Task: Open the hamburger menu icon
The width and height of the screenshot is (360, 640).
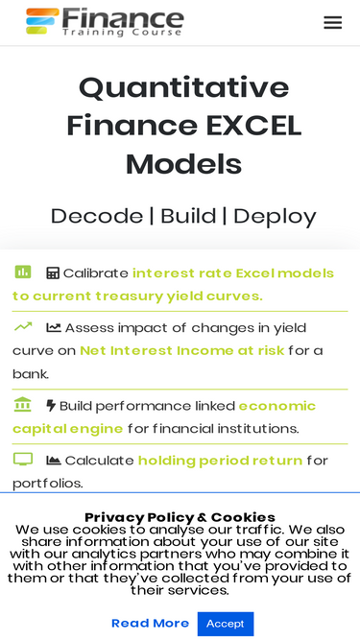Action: click(332, 22)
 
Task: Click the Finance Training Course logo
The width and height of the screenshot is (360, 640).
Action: click(105, 21)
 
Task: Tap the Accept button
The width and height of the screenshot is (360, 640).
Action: click(226, 623)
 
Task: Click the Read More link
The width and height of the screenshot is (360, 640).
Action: click(150, 623)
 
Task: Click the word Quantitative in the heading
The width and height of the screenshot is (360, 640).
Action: click(183, 88)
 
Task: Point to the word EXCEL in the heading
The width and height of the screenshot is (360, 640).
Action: click(253, 126)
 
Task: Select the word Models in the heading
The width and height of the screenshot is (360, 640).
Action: click(183, 163)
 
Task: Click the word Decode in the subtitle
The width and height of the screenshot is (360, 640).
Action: click(96, 215)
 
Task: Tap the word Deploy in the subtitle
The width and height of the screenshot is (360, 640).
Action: click(275, 215)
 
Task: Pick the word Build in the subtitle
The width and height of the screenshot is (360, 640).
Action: click(188, 215)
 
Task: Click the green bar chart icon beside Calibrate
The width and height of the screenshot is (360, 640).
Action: click(23, 273)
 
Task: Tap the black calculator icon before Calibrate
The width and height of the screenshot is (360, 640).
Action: click(53, 273)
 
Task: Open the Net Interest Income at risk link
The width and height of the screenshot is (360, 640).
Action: click(182, 350)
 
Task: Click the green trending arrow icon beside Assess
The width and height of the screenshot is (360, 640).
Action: click(23, 326)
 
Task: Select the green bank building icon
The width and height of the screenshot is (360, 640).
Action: click(23, 405)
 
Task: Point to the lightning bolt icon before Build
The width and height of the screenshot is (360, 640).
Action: click(52, 406)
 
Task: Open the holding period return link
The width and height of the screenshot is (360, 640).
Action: click(220, 461)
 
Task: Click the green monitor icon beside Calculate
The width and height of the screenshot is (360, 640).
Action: click(23, 460)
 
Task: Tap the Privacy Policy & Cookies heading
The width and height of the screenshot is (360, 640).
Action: click(180, 517)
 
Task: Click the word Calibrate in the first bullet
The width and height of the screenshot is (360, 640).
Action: click(96, 273)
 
